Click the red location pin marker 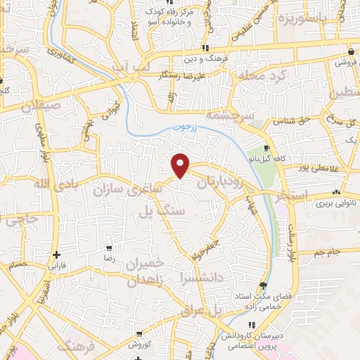coord(181,165)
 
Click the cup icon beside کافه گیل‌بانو coord(266,148)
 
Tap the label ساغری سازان coord(138,189)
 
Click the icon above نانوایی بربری coord(337,192)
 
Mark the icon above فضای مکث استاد coord(263,285)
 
